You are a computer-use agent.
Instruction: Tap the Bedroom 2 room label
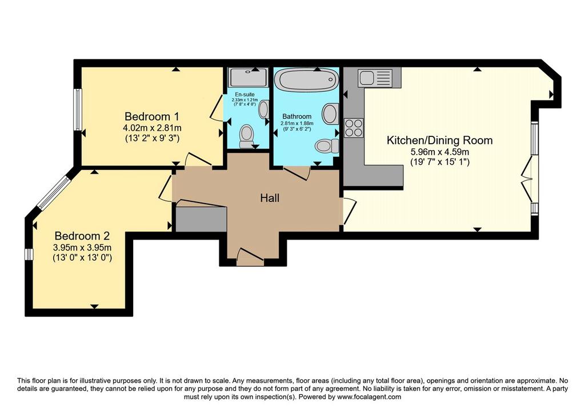(x=82, y=236)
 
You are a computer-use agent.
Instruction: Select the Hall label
(x=270, y=198)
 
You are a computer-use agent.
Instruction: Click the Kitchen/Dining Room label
(x=439, y=140)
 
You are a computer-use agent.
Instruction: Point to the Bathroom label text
(x=296, y=116)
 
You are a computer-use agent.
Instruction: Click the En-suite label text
(x=245, y=95)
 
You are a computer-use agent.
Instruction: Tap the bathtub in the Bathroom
(x=306, y=79)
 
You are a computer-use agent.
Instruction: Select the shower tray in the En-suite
(x=248, y=78)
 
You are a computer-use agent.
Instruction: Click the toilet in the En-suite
(x=246, y=136)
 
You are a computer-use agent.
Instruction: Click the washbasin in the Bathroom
(x=330, y=114)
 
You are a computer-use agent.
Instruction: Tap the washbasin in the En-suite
(x=263, y=110)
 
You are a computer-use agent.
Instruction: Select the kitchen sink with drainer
(x=375, y=78)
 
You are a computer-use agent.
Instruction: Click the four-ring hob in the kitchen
(x=354, y=128)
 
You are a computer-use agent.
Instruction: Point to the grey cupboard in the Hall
(x=201, y=219)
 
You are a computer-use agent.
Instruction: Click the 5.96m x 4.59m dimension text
(x=439, y=152)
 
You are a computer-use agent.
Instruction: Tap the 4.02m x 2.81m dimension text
(x=152, y=128)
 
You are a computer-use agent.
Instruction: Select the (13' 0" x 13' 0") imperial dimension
(x=82, y=257)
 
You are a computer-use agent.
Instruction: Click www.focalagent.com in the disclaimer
(x=369, y=397)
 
